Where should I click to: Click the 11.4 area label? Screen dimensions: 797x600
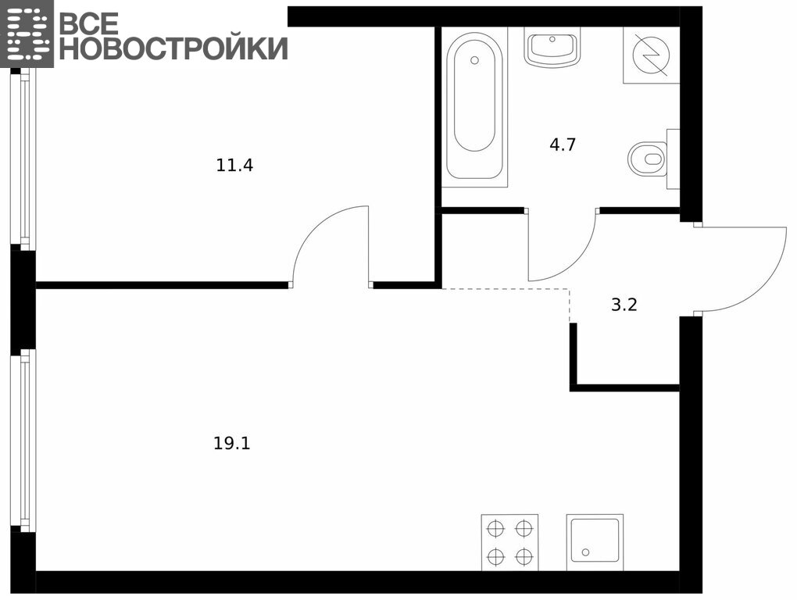234,165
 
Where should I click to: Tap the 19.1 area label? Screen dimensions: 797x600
232,444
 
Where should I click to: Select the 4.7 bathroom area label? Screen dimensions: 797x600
562,145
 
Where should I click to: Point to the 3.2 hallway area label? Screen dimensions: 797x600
624,305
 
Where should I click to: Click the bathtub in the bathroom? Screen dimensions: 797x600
474,105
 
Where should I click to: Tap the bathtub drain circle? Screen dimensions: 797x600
475,60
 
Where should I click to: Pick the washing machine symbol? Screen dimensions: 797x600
652,55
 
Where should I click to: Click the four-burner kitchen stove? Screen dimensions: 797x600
509,543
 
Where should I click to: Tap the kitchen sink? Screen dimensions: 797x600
595,543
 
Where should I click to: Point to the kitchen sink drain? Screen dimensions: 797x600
585,552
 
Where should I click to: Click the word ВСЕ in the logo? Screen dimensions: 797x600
89,23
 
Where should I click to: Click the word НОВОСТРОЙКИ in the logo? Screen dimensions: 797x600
173,48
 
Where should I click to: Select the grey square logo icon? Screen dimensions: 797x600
27,34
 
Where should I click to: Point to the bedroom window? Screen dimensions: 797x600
24,159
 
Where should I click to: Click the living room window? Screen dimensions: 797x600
24,441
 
